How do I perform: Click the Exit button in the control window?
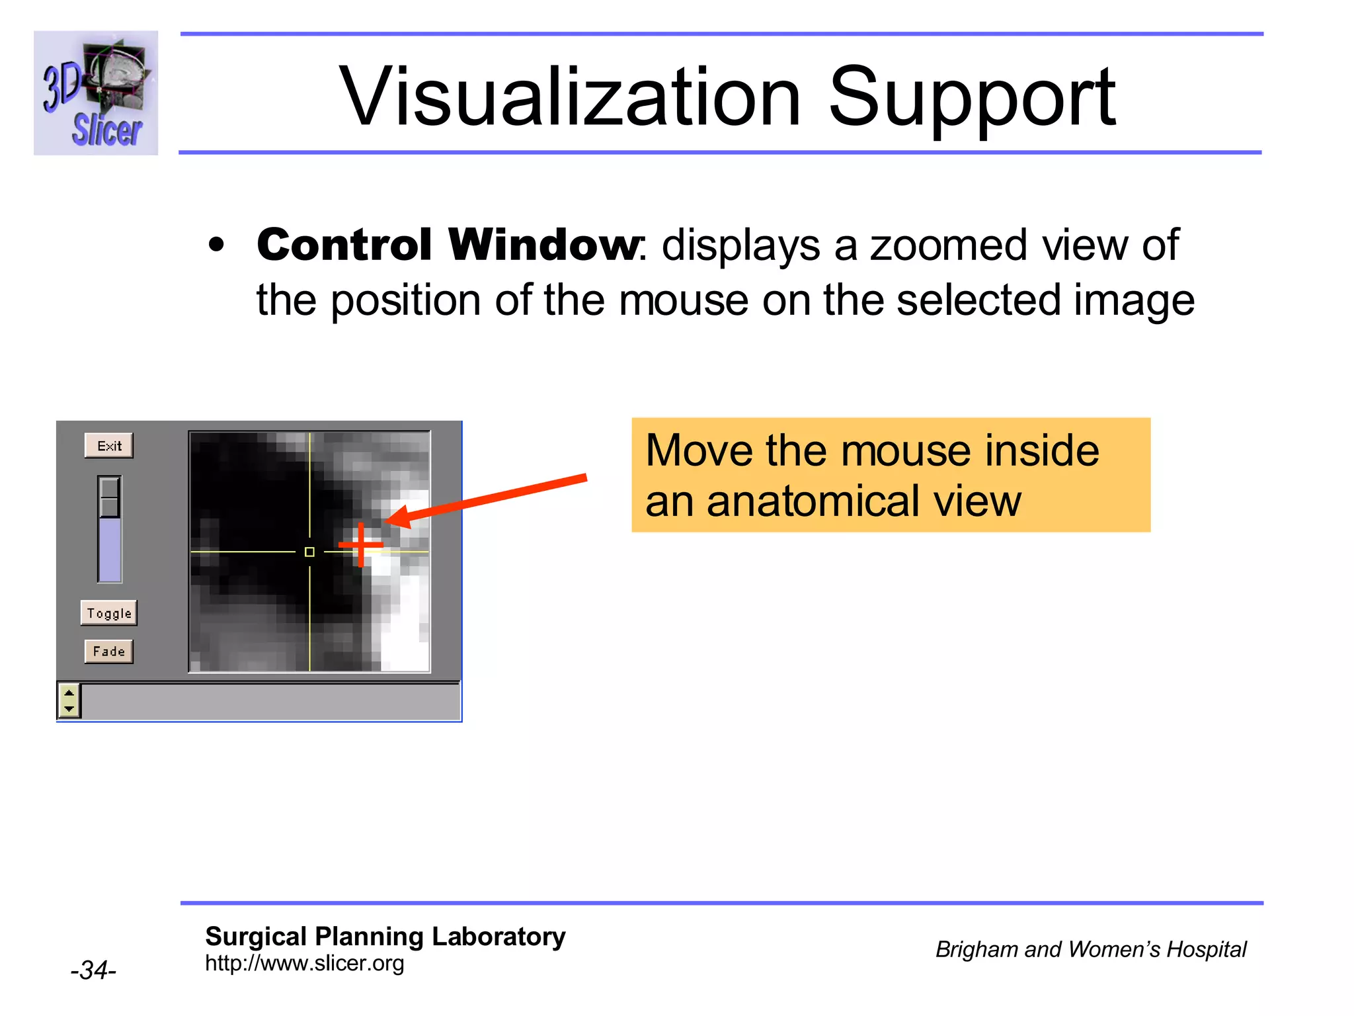coord(109,446)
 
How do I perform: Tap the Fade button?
coord(109,652)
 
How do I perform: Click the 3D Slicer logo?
coord(96,93)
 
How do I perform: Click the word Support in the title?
coord(972,97)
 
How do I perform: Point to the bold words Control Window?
coord(448,245)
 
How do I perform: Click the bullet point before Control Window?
coord(216,245)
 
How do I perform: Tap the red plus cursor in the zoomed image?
coord(361,545)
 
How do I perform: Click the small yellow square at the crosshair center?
coord(309,552)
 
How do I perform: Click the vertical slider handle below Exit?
coord(110,497)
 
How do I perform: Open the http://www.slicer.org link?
coord(304,964)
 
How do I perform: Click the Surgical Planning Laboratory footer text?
coord(385,937)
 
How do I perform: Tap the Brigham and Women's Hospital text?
coord(1090,950)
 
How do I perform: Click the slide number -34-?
coord(93,970)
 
